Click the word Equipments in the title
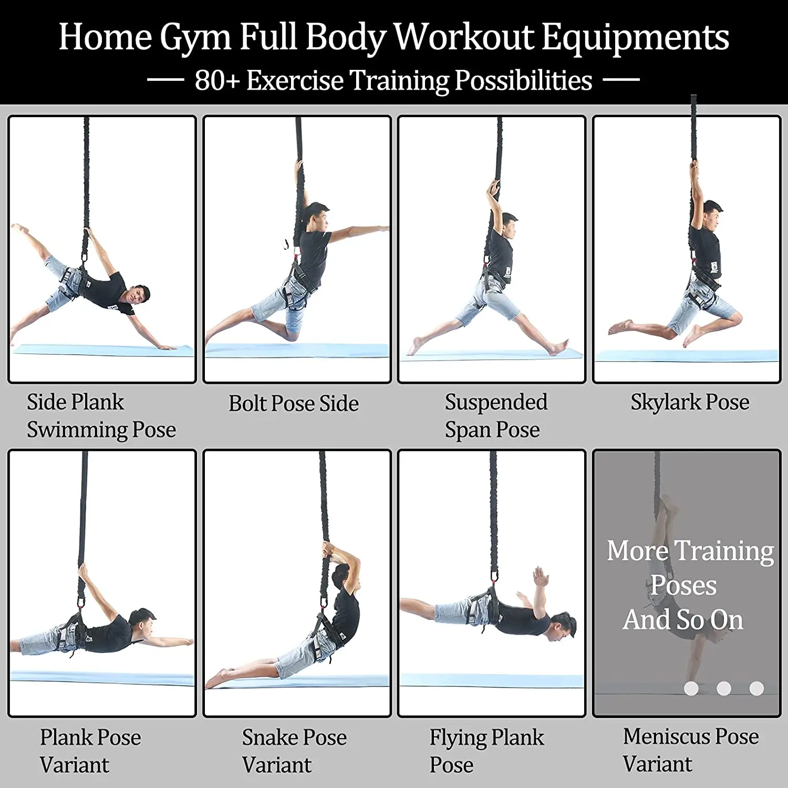(x=635, y=38)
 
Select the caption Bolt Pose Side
(x=294, y=403)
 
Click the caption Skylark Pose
(x=690, y=402)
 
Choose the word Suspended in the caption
(x=496, y=402)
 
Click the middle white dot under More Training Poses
(x=724, y=688)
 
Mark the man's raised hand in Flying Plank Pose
(x=540, y=576)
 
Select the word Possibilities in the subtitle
(x=524, y=80)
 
